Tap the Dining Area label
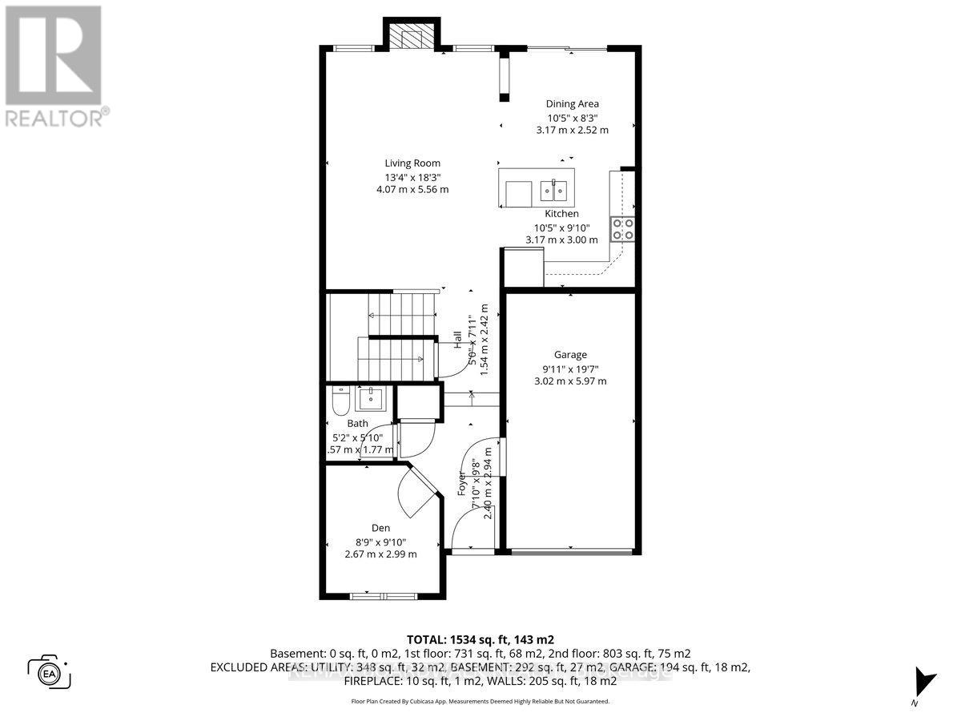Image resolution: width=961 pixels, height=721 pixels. pos(572,103)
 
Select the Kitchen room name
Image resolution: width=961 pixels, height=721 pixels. pos(561,214)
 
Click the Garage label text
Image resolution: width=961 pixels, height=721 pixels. pos(570,354)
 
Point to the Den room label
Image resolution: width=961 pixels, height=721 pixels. pos(380,528)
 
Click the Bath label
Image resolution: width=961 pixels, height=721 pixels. pos(357,424)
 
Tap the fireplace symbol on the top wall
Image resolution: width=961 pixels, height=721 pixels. pos(412,36)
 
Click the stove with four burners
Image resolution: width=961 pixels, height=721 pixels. pos(623,229)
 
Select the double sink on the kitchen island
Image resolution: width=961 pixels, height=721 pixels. pos(553,191)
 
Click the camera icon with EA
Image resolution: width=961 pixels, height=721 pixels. pos(49,671)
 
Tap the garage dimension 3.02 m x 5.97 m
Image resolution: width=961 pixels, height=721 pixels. pos(570,381)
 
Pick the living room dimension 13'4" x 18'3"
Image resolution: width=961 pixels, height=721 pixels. pos(413,177)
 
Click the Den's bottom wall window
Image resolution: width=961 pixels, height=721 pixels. pos(382,595)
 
